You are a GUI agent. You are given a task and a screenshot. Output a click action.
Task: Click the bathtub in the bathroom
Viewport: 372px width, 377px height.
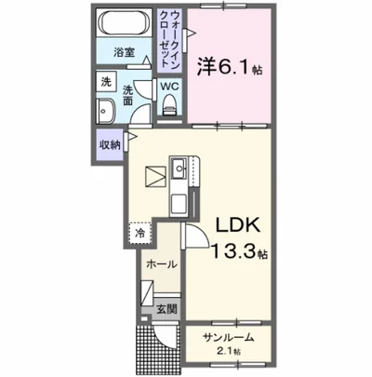(x=126, y=23)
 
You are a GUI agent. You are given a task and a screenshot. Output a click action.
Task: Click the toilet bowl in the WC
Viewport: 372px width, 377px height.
(x=168, y=108)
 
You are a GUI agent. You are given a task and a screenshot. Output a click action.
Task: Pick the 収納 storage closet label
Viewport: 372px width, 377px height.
(x=109, y=144)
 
